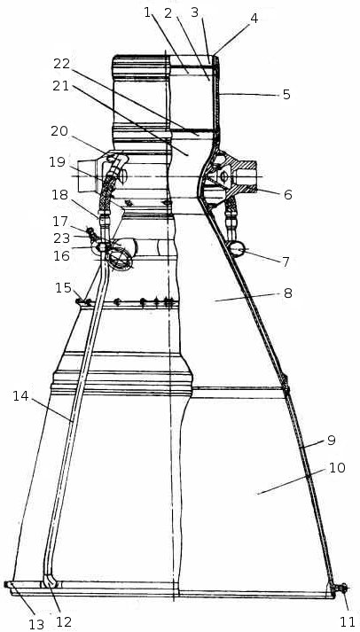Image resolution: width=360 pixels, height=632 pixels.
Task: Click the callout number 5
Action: click(286, 95)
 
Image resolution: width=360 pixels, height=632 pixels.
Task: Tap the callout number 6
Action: click(287, 195)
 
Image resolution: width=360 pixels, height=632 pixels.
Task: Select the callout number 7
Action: click(286, 262)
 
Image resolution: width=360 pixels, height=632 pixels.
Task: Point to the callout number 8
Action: click(287, 293)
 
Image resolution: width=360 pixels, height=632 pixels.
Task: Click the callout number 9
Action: click(331, 441)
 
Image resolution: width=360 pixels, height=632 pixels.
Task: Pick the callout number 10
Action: click(337, 468)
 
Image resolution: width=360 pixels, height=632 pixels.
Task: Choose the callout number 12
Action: click(64, 622)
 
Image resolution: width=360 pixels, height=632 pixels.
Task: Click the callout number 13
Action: click(35, 624)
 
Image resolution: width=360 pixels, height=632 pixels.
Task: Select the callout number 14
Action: click(20, 396)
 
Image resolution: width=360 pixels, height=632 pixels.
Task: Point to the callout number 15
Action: click(63, 289)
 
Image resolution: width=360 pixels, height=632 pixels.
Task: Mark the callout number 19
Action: click(58, 162)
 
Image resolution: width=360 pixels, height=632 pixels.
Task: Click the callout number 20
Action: click(60, 131)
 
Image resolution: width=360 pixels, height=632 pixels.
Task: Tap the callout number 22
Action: click(62, 64)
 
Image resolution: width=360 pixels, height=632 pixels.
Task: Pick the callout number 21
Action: click(61, 86)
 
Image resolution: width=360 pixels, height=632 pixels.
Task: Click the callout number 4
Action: click(254, 19)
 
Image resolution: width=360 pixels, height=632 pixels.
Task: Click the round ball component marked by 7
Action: click(237, 249)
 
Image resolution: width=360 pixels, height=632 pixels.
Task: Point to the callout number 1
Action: click(147, 12)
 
